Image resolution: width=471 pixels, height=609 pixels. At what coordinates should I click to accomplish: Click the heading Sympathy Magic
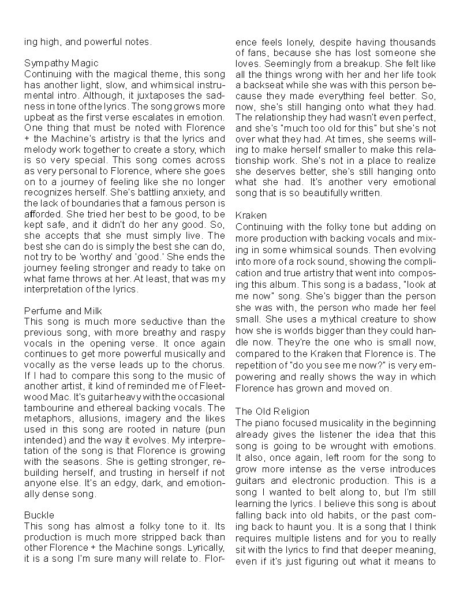[61, 63]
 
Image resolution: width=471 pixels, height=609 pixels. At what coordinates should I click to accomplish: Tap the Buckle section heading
[39, 514]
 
